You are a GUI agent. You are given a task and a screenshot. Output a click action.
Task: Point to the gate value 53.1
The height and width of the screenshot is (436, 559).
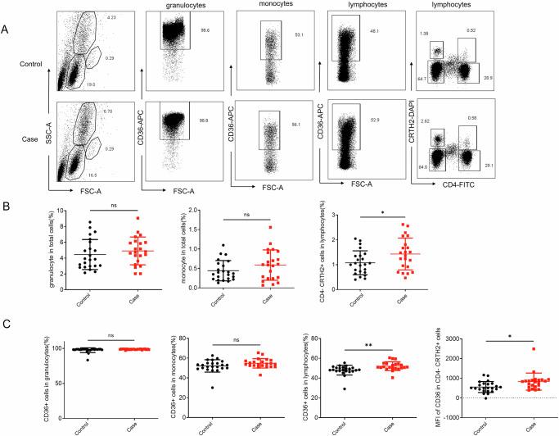pos(299,34)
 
